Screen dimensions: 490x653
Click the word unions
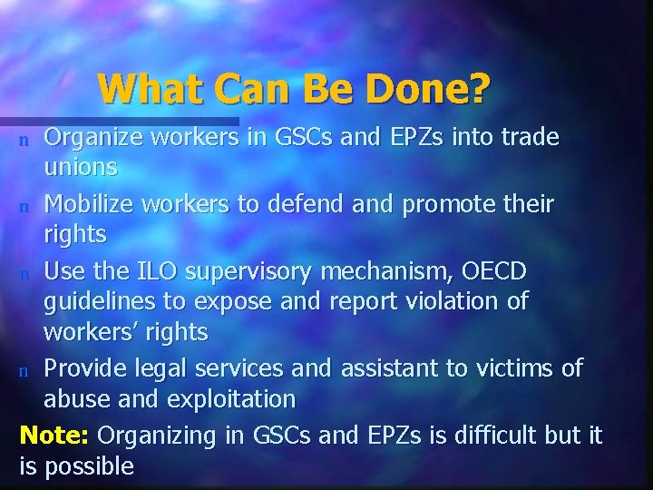pos(81,168)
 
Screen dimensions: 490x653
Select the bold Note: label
pos(54,435)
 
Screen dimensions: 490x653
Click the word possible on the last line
pos(90,467)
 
